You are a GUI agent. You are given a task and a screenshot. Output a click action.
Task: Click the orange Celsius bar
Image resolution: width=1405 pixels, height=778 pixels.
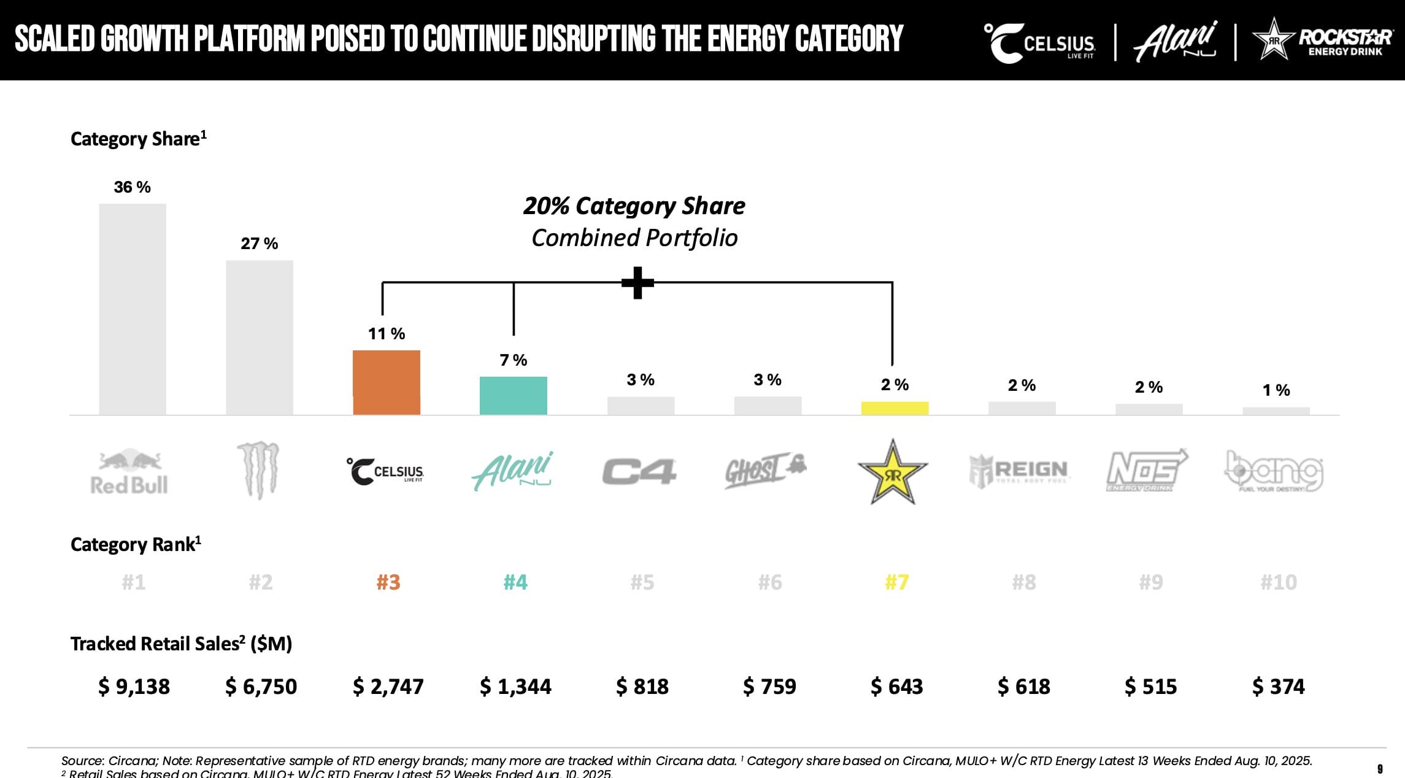(x=386, y=382)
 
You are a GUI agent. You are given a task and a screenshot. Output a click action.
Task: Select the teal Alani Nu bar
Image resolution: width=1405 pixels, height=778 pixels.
(x=513, y=396)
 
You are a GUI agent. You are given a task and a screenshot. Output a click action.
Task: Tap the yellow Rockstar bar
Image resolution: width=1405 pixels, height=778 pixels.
(x=895, y=408)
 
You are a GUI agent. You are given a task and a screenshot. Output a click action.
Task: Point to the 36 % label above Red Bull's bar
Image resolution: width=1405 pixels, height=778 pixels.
(x=132, y=187)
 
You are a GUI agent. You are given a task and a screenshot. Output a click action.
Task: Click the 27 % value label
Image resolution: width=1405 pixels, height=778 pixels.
(x=259, y=244)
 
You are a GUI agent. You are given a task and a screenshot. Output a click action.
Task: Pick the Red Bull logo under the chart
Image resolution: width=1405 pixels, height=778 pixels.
(x=129, y=472)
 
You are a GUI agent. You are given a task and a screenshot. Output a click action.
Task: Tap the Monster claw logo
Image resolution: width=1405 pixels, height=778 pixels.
(x=258, y=470)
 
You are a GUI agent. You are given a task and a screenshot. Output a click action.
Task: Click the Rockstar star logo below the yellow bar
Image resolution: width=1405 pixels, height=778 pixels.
(x=892, y=472)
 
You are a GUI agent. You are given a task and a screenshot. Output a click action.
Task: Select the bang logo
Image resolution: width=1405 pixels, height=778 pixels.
(x=1274, y=471)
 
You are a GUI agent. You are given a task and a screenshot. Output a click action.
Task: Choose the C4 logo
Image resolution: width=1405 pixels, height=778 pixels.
(x=639, y=472)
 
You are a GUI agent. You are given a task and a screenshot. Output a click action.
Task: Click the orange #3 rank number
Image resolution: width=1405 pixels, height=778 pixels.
(x=388, y=582)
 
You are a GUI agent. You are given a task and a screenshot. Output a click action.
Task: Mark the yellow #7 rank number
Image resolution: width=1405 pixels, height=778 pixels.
(x=896, y=582)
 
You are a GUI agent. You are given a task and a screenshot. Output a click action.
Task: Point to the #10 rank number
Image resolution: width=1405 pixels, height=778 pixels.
(x=1278, y=582)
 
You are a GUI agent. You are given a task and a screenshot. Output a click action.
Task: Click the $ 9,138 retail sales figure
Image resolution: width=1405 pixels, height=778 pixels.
(x=134, y=686)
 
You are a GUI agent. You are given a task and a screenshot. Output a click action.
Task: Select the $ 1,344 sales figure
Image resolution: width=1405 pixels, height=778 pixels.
(x=515, y=686)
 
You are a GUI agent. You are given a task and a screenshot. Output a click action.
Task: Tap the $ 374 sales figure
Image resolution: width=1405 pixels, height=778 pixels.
(x=1278, y=686)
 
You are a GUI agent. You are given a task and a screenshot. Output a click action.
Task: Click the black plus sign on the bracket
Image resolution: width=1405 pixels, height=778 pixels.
(x=637, y=283)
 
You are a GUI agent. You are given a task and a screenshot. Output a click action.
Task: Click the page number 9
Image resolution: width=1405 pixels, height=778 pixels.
(x=1380, y=769)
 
